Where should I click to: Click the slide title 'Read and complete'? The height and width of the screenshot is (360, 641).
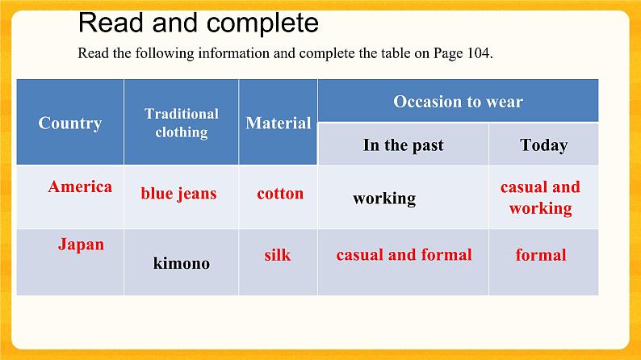(x=199, y=23)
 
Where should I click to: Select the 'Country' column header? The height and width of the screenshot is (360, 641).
(x=70, y=123)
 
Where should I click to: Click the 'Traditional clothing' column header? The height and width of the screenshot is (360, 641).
(x=182, y=123)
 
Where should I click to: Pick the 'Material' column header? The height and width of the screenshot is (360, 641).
(x=279, y=123)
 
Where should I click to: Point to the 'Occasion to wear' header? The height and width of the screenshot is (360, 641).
(x=458, y=102)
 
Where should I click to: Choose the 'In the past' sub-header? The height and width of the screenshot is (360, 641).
(x=403, y=145)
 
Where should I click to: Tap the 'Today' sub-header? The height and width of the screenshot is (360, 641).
(x=543, y=145)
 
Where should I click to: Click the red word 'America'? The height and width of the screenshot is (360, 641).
(x=80, y=187)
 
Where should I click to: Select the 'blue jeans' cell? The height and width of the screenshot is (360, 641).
(x=178, y=194)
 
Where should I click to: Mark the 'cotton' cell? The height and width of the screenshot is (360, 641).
(x=280, y=194)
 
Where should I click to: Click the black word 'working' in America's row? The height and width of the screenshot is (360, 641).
(x=384, y=198)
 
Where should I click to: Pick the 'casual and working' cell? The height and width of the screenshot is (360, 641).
(x=540, y=198)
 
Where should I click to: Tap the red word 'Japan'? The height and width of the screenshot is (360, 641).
(x=81, y=244)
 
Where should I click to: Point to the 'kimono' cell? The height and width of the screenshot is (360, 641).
(x=182, y=263)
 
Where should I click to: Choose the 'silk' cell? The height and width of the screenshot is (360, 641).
(x=278, y=255)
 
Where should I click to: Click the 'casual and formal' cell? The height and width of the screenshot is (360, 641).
(x=404, y=255)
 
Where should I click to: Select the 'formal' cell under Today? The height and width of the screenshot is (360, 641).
(x=541, y=255)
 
